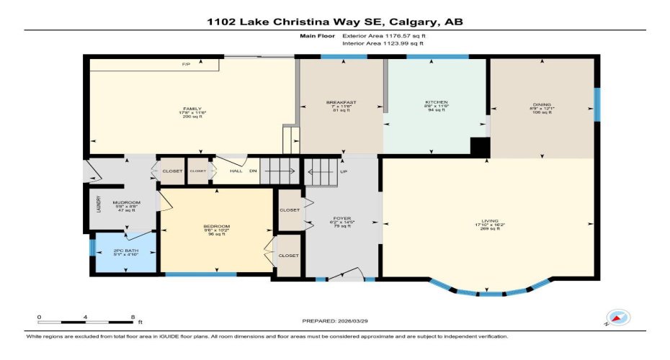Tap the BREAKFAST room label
(341, 103)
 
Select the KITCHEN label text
(437, 103)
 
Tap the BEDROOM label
(216, 227)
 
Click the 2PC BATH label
(125, 250)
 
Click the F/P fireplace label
(186, 65)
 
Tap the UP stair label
(345, 172)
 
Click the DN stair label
(253, 171)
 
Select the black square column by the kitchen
(480, 145)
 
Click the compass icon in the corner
(617, 317)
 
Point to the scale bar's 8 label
(133, 317)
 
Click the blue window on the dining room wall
(596, 104)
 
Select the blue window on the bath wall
(91, 248)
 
